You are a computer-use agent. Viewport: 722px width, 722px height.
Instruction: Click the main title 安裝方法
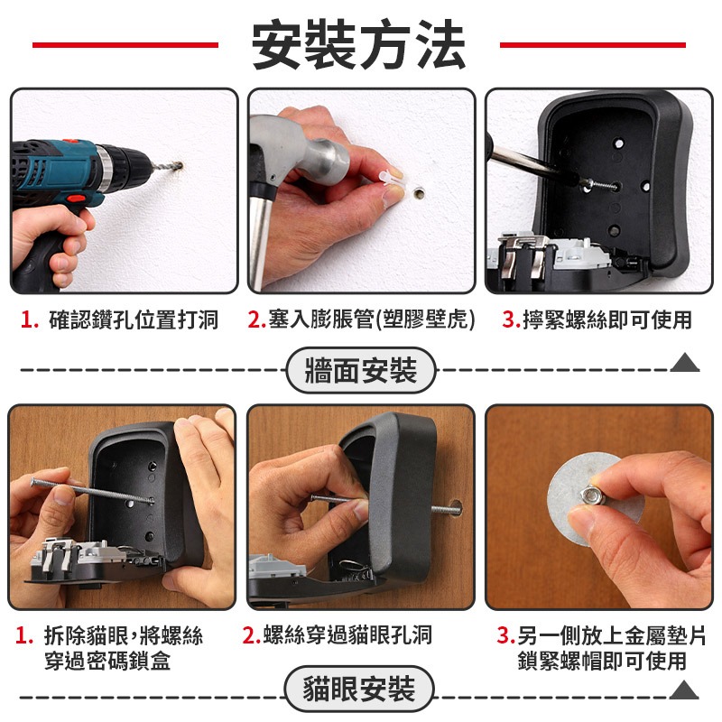click(x=358, y=44)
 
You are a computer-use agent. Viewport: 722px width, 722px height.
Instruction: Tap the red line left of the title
click(x=125, y=45)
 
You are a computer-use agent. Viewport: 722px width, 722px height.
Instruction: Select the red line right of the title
click(x=593, y=45)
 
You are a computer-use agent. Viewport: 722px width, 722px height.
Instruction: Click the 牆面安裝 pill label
click(x=361, y=370)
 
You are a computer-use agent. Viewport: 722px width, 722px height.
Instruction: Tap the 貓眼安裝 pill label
click(x=359, y=689)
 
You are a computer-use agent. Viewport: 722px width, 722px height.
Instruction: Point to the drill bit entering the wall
click(x=166, y=168)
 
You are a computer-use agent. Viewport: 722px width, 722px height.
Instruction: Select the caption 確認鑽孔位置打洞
click(x=134, y=320)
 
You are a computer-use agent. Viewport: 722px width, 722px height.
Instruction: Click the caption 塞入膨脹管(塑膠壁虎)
click(x=371, y=319)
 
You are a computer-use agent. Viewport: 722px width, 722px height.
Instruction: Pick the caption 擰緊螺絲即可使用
click(x=607, y=319)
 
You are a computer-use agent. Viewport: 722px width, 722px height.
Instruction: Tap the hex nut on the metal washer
click(x=589, y=495)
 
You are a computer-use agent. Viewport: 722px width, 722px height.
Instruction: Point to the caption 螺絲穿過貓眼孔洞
click(x=347, y=635)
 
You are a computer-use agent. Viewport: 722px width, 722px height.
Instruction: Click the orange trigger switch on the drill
click(x=77, y=199)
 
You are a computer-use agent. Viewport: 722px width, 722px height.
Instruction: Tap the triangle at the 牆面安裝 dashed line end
click(x=685, y=363)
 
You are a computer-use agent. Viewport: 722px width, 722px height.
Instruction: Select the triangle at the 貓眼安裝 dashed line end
click(x=684, y=690)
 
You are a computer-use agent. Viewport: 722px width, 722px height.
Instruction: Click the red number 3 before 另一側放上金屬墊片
click(x=505, y=636)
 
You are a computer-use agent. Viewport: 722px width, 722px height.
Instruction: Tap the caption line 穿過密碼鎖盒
click(x=107, y=661)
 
